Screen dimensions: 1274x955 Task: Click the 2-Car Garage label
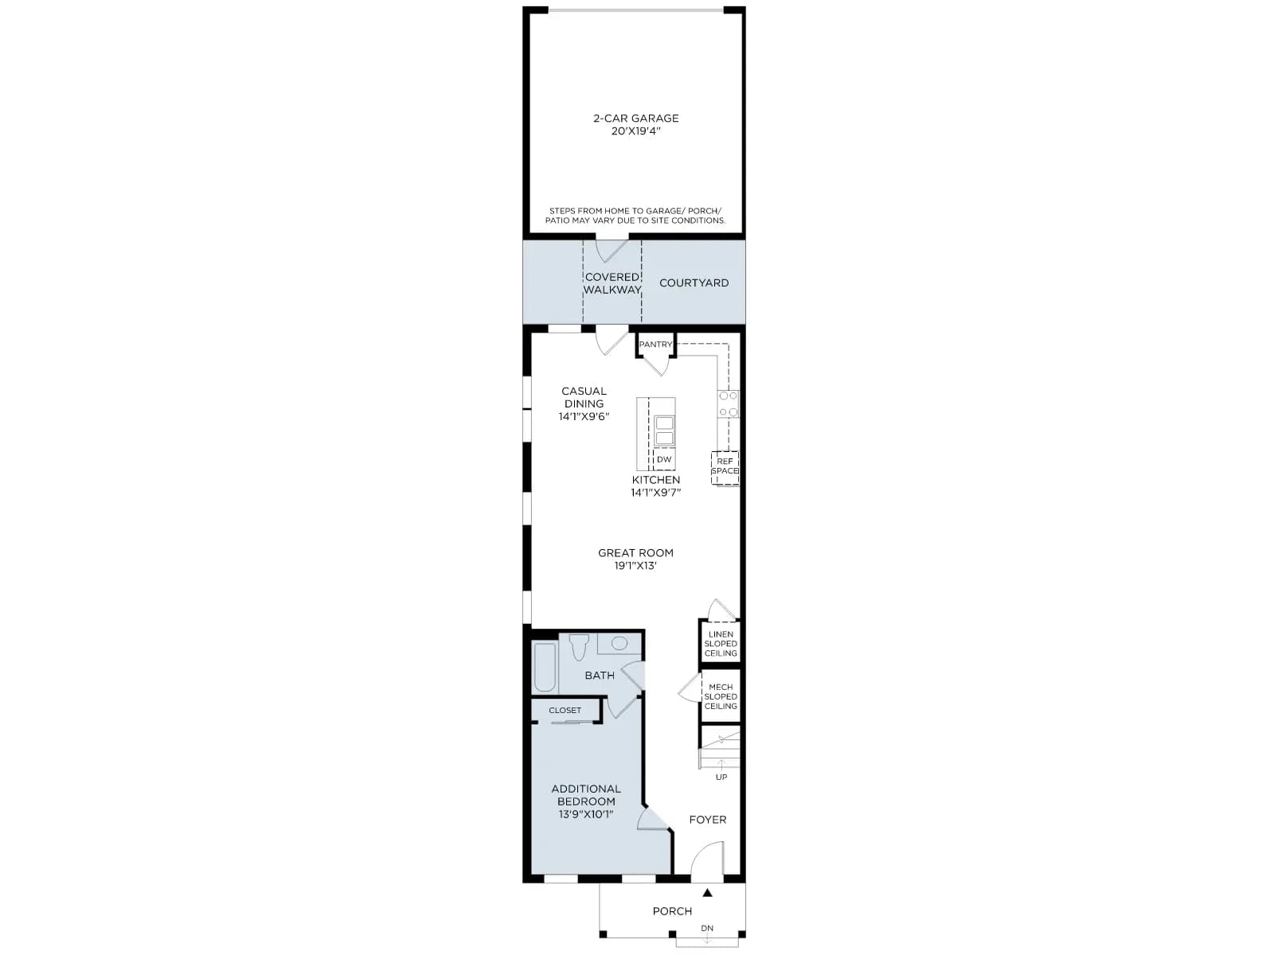coord(635,119)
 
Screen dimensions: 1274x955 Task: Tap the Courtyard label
coord(694,283)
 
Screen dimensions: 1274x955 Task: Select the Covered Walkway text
coord(612,283)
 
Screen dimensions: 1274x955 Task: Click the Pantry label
coord(655,345)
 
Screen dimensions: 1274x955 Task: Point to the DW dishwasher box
coord(664,459)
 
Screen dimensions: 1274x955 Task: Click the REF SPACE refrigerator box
coord(725,467)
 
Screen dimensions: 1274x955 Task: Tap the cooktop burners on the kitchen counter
coord(729,403)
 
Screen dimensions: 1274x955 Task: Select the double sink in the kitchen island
coord(664,430)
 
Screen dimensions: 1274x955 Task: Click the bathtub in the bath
coord(545,667)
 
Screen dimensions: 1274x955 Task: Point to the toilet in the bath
coord(579,647)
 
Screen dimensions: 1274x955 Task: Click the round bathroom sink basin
coord(619,643)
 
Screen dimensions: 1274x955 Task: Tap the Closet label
coord(565,711)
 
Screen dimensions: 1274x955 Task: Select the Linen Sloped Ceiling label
coord(721,644)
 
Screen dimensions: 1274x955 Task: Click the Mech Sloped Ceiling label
coord(721,696)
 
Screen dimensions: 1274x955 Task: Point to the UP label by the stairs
coord(721,777)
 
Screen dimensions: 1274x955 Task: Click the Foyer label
coord(708,820)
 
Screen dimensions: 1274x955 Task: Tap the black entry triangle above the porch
coord(707,892)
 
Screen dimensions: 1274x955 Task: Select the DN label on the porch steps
coord(707,928)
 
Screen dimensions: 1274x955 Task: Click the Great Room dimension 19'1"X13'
coord(635,565)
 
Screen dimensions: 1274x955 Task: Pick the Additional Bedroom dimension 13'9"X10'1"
coord(585,814)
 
